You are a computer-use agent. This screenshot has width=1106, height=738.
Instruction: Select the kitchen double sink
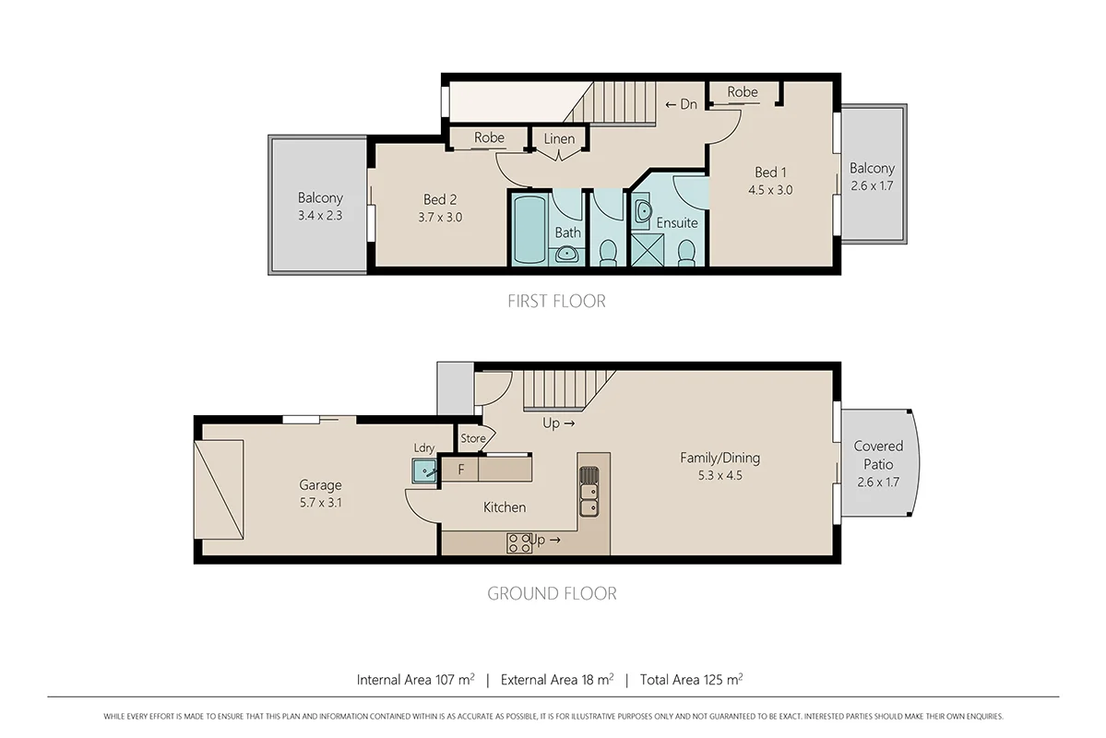click(589, 492)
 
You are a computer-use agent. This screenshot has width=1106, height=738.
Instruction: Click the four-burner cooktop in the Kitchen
click(518, 542)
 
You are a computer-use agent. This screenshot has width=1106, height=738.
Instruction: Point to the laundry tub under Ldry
click(425, 472)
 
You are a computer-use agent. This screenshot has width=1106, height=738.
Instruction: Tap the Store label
click(472, 438)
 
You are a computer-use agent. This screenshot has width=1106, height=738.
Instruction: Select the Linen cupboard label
click(559, 139)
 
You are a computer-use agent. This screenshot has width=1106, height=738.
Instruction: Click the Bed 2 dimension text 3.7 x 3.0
click(442, 218)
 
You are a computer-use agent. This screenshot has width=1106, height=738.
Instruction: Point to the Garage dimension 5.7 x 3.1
click(320, 504)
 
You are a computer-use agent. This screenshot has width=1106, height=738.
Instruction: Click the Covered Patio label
click(878, 455)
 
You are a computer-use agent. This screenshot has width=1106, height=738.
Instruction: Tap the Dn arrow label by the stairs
click(681, 104)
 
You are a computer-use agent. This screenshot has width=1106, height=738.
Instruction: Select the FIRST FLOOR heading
click(556, 301)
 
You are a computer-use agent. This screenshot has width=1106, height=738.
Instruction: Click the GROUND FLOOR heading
click(552, 593)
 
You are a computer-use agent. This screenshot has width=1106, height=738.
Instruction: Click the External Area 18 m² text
click(556, 680)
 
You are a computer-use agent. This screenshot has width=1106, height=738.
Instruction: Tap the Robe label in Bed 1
click(743, 92)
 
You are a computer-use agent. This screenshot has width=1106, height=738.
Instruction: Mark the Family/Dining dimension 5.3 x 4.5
click(719, 476)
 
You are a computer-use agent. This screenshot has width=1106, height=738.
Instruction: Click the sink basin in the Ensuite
click(643, 209)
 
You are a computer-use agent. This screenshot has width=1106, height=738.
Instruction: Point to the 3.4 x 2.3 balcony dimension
click(320, 217)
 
